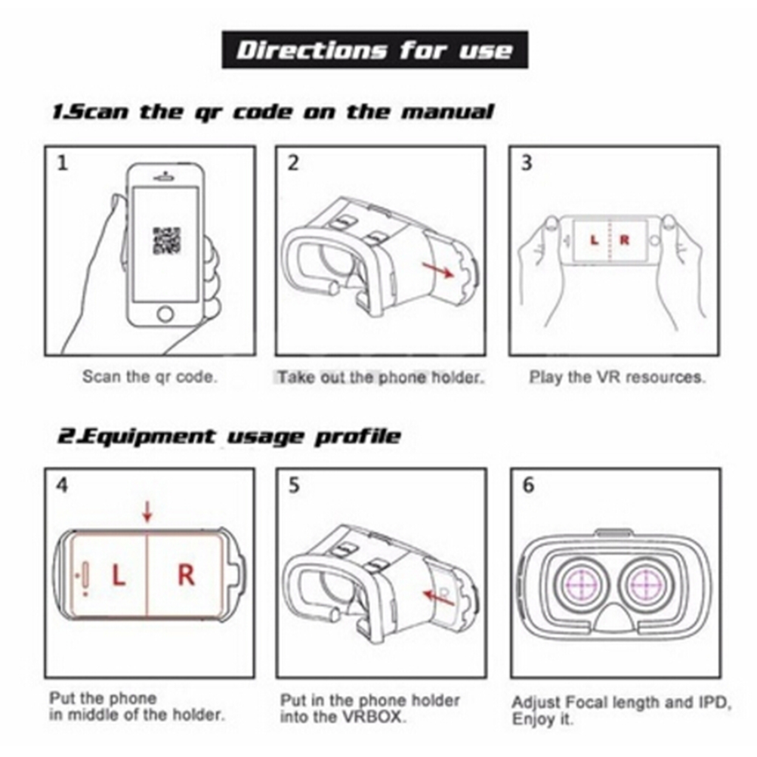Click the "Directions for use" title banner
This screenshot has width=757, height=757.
(375, 50)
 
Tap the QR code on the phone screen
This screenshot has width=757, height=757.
(166, 242)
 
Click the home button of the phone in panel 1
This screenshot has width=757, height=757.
(165, 314)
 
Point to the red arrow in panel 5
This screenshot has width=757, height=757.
(439, 598)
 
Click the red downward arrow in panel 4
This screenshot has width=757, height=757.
(147, 511)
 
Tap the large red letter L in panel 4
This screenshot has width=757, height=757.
(119, 575)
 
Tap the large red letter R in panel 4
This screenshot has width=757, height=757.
(187, 575)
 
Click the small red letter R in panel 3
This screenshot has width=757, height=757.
(624, 240)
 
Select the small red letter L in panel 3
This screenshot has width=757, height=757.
(595, 240)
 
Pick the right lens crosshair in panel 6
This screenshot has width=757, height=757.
(646, 585)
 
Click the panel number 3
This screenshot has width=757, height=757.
(527, 163)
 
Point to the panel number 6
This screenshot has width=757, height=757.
(529, 485)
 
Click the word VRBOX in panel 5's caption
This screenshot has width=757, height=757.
(372, 716)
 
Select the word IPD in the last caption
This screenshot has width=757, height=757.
(712, 702)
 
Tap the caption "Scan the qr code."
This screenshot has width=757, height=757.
(150, 376)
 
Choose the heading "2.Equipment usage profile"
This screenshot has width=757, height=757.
(229, 437)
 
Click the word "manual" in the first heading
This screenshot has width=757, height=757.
(447, 112)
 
